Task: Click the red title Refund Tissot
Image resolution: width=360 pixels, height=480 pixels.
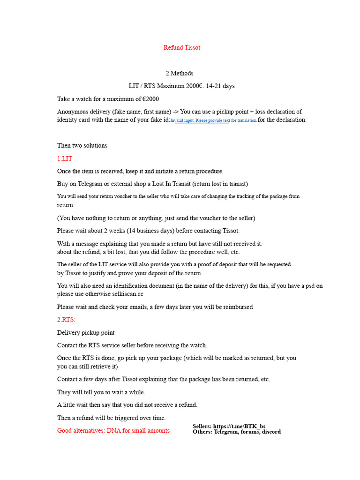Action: (x=182, y=47)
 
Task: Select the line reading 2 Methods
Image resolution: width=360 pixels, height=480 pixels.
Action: (x=180, y=73)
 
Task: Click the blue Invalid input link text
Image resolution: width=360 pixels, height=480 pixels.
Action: (x=213, y=120)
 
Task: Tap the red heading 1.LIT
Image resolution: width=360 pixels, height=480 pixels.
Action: (x=65, y=158)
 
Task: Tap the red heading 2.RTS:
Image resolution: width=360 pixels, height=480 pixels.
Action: (x=66, y=320)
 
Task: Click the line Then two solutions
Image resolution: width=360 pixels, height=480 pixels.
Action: (x=82, y=145)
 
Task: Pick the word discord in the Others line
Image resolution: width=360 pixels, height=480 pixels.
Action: (x=270, y=432)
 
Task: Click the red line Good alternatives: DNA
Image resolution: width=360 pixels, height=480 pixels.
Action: (x=113, y=430)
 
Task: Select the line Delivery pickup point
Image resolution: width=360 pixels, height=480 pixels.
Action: (x=86, y=333)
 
